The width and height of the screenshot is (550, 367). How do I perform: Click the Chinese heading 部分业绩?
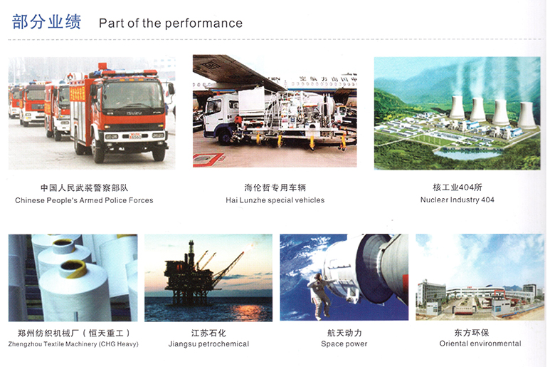[x=47, y=22]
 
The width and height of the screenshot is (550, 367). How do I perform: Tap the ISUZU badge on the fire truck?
[x=134, y=113]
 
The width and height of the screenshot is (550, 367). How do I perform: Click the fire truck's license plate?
[x=135, y=136]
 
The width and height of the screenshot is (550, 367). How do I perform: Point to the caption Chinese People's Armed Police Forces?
[x=84, y=200]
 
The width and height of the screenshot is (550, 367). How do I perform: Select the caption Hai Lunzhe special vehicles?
[x=275, y=200]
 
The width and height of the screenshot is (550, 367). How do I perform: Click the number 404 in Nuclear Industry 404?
[x=487, y=200]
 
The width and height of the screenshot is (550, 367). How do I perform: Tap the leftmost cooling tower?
[x=457, y=107]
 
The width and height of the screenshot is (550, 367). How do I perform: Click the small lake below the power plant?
[x=468, y=153]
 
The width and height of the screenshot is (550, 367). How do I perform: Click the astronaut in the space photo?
[x=321, y=295]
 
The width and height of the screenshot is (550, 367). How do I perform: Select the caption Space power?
[x=344, y=343]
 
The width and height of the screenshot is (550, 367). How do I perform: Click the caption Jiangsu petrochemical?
[x=208, y=343]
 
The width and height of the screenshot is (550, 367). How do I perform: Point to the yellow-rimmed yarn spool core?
[x=73, y=268]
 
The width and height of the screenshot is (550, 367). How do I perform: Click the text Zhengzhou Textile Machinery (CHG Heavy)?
[x=73, y=343]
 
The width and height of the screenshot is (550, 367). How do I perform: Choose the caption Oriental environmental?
[x=480, y=343]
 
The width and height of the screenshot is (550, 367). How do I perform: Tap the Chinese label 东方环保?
[x=472, y=332]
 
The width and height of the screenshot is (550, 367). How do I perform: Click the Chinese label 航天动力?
[x=344, y=333]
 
